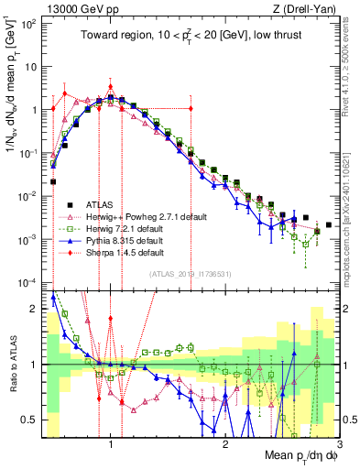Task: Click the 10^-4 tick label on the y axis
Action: coord(29,282)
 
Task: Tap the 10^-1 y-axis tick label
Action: coord(29,153)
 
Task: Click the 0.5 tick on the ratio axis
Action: coord(31,420)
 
